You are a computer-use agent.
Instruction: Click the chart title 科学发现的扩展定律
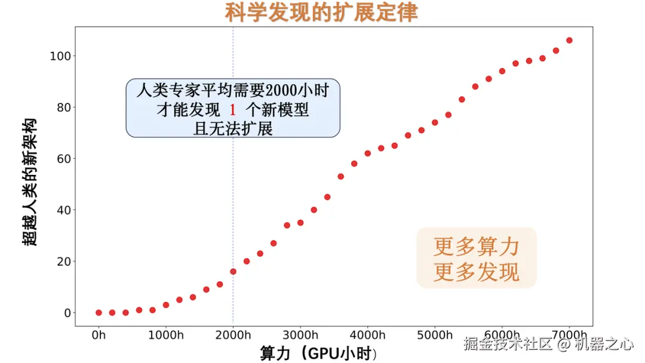click(321, 12)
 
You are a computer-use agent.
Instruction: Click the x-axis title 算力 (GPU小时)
click(318, 352)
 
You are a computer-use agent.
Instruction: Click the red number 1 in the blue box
click(233, 110)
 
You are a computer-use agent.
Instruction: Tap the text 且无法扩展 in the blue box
click(233, 128)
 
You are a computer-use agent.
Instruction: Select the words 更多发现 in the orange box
click(476, 272)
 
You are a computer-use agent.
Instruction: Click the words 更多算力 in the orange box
click(476, 245)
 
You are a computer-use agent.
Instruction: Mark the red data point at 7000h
click(569, 41)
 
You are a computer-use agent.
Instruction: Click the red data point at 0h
click(99, 312)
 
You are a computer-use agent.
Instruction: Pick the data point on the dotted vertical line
click(233, 271)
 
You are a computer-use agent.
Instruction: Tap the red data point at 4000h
click(367, 153)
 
